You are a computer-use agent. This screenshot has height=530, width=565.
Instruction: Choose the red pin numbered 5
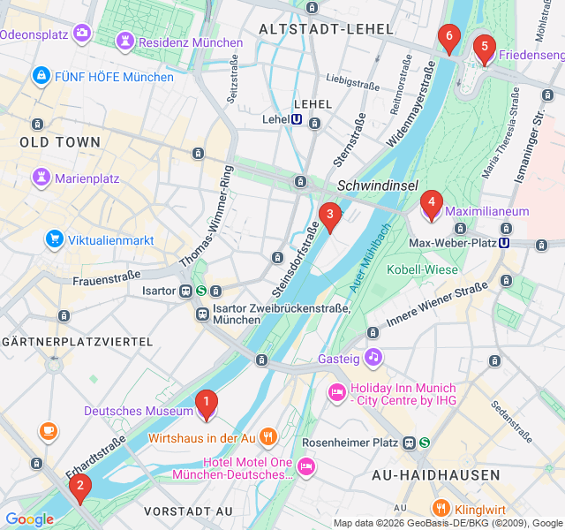pos(484,48)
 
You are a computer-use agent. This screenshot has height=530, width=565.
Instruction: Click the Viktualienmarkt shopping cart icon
pos(55,239)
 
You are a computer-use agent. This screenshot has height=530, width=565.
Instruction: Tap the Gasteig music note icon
pos(373,357)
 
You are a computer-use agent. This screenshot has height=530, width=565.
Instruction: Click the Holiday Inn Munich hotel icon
pos(336,391)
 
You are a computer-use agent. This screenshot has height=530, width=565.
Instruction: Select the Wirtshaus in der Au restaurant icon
pos(268,436)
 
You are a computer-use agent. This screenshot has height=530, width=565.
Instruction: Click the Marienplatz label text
pos(87,178)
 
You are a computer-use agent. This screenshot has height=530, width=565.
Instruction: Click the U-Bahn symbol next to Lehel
pos(297,119)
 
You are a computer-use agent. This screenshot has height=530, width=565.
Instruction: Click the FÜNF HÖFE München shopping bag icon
pos(40,76)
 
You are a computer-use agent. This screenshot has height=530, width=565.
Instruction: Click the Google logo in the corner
pos(29,519)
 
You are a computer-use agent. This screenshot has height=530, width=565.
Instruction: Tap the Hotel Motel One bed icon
pos(306,465)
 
